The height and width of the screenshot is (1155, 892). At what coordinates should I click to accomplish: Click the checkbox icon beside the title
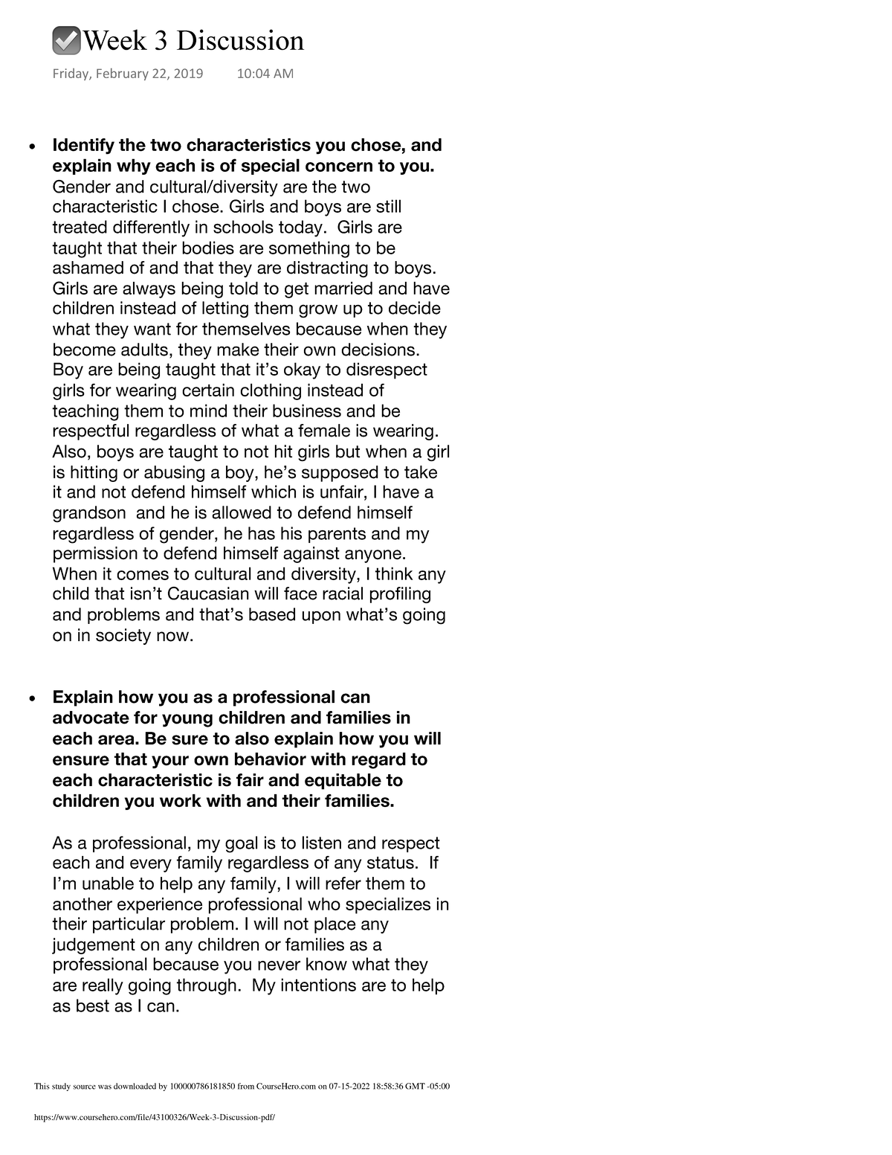[67, 41]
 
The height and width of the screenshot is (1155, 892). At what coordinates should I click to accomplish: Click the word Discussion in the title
[240, 41]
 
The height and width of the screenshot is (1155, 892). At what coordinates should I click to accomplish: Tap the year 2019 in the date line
[188, 74]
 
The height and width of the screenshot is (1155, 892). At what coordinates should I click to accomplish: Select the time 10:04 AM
[265, 74]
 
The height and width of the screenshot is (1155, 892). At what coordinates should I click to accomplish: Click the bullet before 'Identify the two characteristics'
[30, 147]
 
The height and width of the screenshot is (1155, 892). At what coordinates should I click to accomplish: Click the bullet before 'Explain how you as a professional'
[30, 699]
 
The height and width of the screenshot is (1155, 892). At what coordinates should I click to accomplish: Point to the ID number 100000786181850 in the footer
[203, 1087]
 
